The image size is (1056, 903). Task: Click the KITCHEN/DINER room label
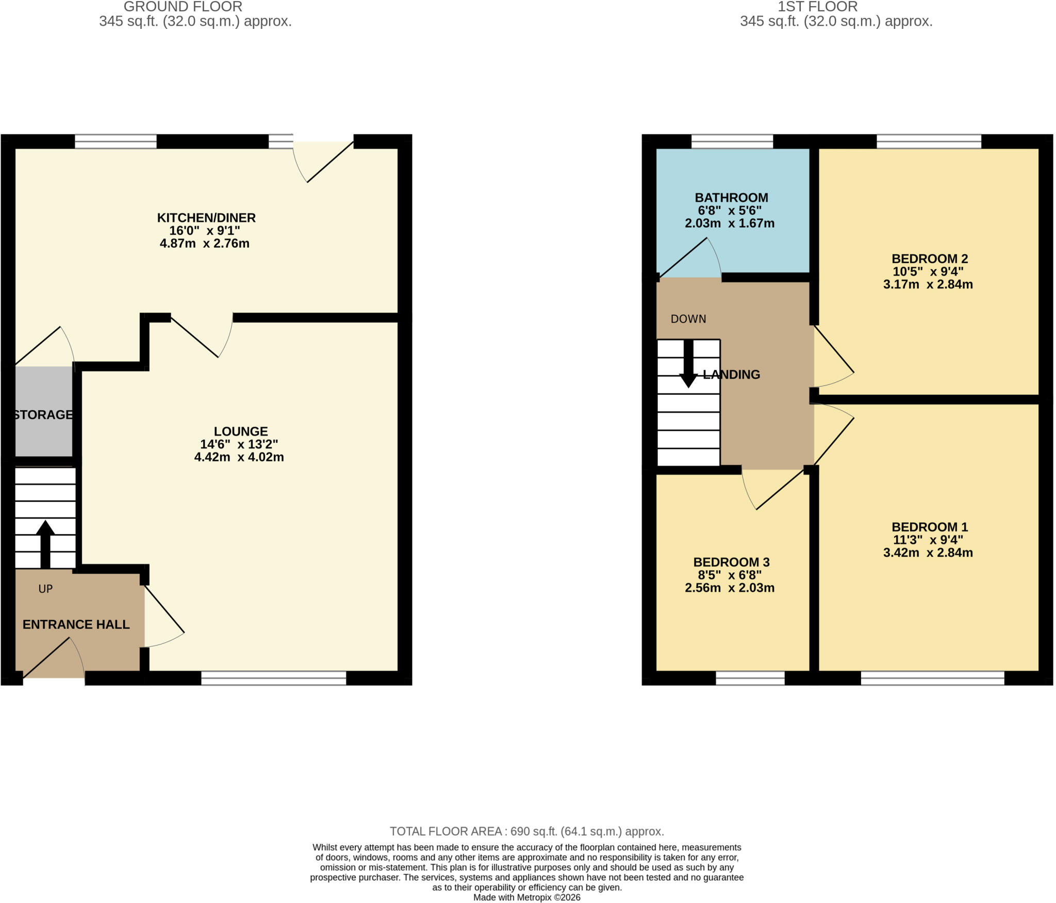click(206, 218)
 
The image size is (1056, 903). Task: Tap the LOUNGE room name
click(241, 431)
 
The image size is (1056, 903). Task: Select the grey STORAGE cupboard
click(43, 411)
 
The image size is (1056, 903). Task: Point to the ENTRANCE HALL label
click(76, 624)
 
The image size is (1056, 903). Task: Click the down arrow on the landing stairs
click(688, 364)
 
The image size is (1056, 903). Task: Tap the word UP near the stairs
click(45, 589)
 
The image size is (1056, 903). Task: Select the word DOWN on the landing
click(688, 319)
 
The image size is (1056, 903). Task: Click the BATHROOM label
click(731, 198)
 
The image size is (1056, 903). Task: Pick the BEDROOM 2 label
click(930, 259)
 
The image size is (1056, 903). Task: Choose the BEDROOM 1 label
click(930, 527)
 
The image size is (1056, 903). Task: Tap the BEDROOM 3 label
click(731, 562)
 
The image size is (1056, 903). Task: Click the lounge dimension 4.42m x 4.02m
click(239, 457)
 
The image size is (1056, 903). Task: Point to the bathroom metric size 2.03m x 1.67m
click(730, 223)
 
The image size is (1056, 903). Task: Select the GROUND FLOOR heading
click(183, 7)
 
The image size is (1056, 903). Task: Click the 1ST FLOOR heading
click(818, 7)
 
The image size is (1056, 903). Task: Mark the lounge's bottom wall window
click(274, 678)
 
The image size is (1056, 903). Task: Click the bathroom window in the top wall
click(732, 141)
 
